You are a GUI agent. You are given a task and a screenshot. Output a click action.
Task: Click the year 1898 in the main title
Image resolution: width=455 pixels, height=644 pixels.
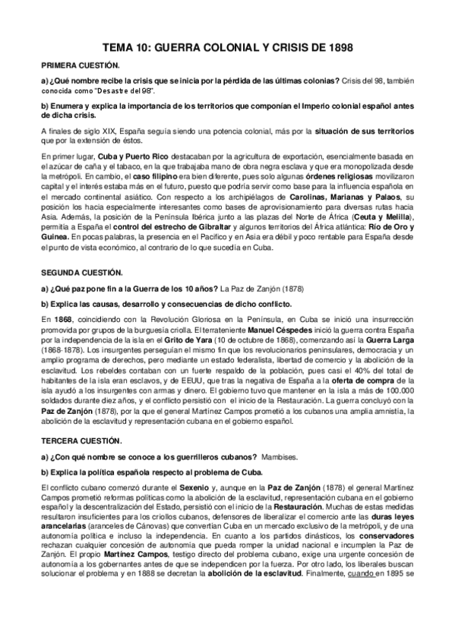(x=336, y=47)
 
